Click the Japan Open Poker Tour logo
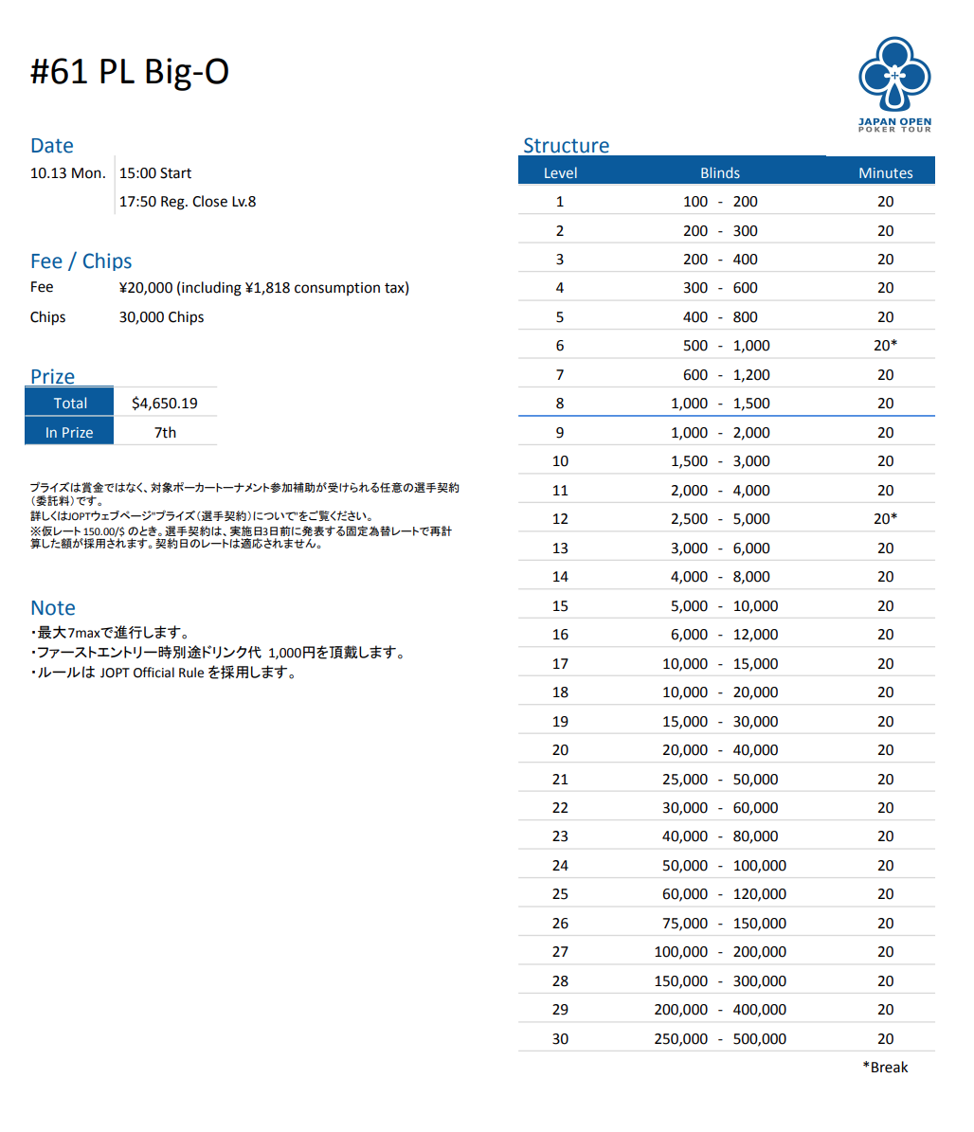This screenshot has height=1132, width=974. pyautogui.click(x=894, y=83)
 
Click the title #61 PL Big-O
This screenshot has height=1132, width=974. pyautogui.click(x=130, y=72)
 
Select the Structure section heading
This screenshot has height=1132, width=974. pyautogui.click(x=566, y=145)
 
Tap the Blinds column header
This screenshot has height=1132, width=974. pyautogui.click(x=720, y=172)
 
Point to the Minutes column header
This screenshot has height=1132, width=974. pyautogui.click(x=885, y=172)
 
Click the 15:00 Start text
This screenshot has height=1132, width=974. pyautogui.click(x=155, y=172)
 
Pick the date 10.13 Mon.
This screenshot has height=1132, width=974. pyautogui.click(x=68, y=172)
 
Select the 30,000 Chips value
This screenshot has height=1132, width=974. pyautogui.click(x=161, y=316)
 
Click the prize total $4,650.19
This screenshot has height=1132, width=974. pyautogui.click(x=165, y=403)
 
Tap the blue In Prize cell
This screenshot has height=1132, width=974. pyautogui.click(x=69, y=432)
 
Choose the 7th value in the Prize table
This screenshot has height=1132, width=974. pyautogui.click(x=165, y=432)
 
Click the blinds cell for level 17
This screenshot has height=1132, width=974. pyautogui.click(x=720, y=663)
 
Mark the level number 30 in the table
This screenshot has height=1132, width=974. pyautogui.click(x=560, y=1038)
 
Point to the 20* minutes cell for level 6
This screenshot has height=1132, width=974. pyautogui.click(x=885, y=346)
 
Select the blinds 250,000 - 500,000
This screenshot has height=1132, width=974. pyautogui.click(x=720, y=1038)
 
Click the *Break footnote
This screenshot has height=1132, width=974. pyautogui.click(x=885, y=1067)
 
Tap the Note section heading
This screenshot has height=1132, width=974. pyautogui.click(x=53, y=607)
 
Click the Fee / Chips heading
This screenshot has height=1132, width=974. pyautogui.click(x=81, y=261)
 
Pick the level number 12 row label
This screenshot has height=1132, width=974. pyautogui.click(x=560, y=519)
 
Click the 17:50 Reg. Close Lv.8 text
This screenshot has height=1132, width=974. pyautogui.click(x=188, y=201)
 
